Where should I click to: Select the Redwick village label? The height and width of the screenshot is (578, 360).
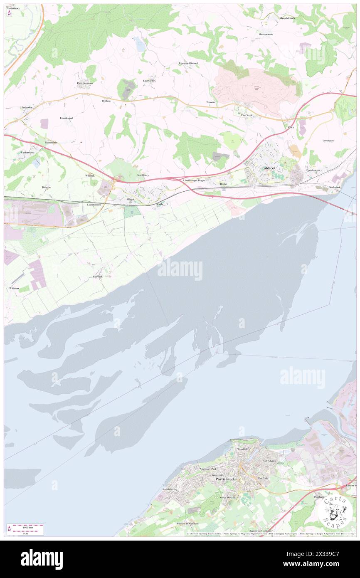(x=98, y=277)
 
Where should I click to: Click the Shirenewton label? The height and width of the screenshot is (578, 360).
(x=266, y=34)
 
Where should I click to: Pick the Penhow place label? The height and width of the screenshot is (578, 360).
(x=106, y=101)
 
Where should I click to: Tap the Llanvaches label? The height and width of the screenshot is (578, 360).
(x=149, y=80)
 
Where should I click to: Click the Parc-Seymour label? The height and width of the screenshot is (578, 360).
(x=85, y=83)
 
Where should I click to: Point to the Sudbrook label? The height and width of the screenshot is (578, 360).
(x=334, y=187)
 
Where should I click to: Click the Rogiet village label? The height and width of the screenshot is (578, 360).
(x=224, y=183)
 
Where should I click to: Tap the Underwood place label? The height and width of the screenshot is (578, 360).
(x=27, y=153)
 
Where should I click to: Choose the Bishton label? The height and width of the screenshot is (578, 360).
(x=46, y=187)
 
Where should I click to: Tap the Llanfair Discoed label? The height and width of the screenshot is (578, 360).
(x=188, y=63)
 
